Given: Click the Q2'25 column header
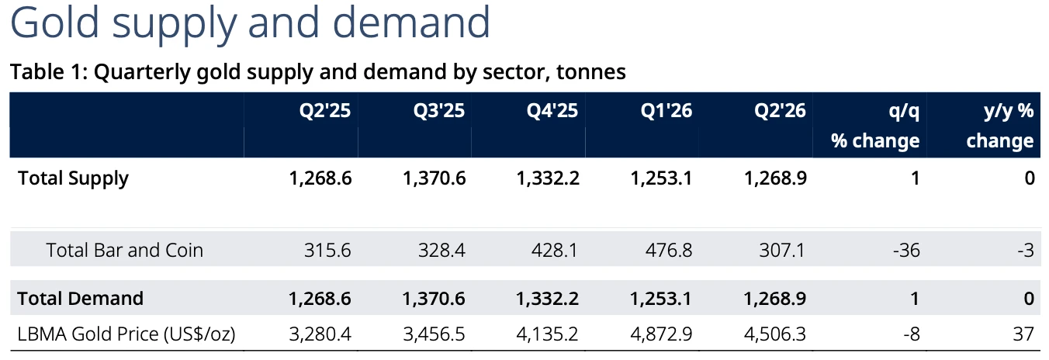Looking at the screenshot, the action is tap(325, 110).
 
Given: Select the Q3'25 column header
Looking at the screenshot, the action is tap(439, 110).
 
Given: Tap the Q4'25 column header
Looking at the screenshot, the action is tap(552, 110).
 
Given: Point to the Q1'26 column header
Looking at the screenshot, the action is tap(666, 110).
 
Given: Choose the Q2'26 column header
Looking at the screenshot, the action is tap(780, 110).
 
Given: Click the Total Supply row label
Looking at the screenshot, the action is tap(73, 178).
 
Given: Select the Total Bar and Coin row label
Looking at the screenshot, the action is tap(125, 250).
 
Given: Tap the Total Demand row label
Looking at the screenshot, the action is tap(80, 298).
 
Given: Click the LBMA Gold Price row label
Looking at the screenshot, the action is tap(126, 334).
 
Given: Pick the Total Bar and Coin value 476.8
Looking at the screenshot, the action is tap(669, 250).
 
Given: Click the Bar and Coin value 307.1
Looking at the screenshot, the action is tap(782, 250).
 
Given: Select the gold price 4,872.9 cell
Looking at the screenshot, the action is tap(661, 334).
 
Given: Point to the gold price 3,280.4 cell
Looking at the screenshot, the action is tap(320, 334).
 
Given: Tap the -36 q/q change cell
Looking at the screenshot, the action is tap(906, 250).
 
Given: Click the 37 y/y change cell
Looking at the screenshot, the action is tap(1023, 334).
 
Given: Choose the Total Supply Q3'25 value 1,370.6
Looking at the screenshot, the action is tap(434, 178).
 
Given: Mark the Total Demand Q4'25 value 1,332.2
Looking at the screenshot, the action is tap(547, 298).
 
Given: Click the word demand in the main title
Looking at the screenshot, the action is tap(411, 22).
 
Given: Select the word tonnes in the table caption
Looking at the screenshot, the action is tap(591, 72).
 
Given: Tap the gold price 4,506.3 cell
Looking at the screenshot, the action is tap(774, 334).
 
